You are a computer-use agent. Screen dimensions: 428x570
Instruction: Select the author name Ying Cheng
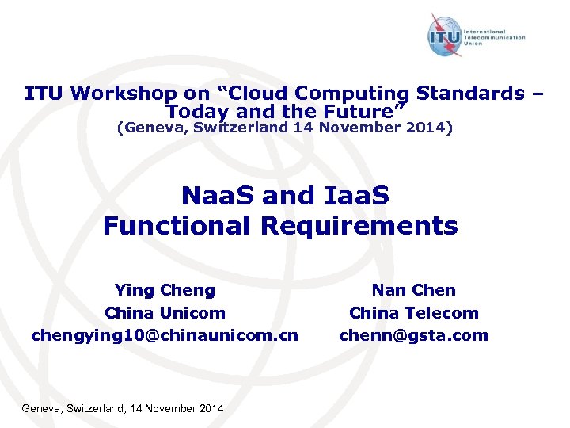click(165, 291)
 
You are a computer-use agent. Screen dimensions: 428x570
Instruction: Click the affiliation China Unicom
click(165, 313)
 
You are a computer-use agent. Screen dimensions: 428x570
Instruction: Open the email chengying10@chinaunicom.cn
click(165, 335)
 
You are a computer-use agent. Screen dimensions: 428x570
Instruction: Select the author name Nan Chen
click(413, 291)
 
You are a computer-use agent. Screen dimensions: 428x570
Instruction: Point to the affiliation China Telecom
click(413, 313)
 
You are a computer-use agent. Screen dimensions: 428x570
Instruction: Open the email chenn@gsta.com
click(413, 335)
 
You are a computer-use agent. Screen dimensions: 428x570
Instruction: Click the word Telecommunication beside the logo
click(495, 36)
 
